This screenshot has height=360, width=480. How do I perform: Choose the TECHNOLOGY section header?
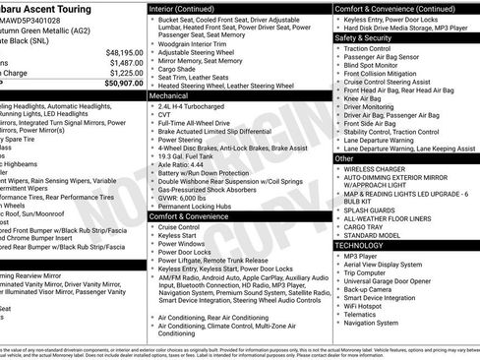[367, 245]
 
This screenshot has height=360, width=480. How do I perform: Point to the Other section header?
[344, 157]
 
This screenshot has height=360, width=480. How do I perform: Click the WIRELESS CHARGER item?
[377, 169]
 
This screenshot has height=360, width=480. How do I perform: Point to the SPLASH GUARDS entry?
[372, 207]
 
